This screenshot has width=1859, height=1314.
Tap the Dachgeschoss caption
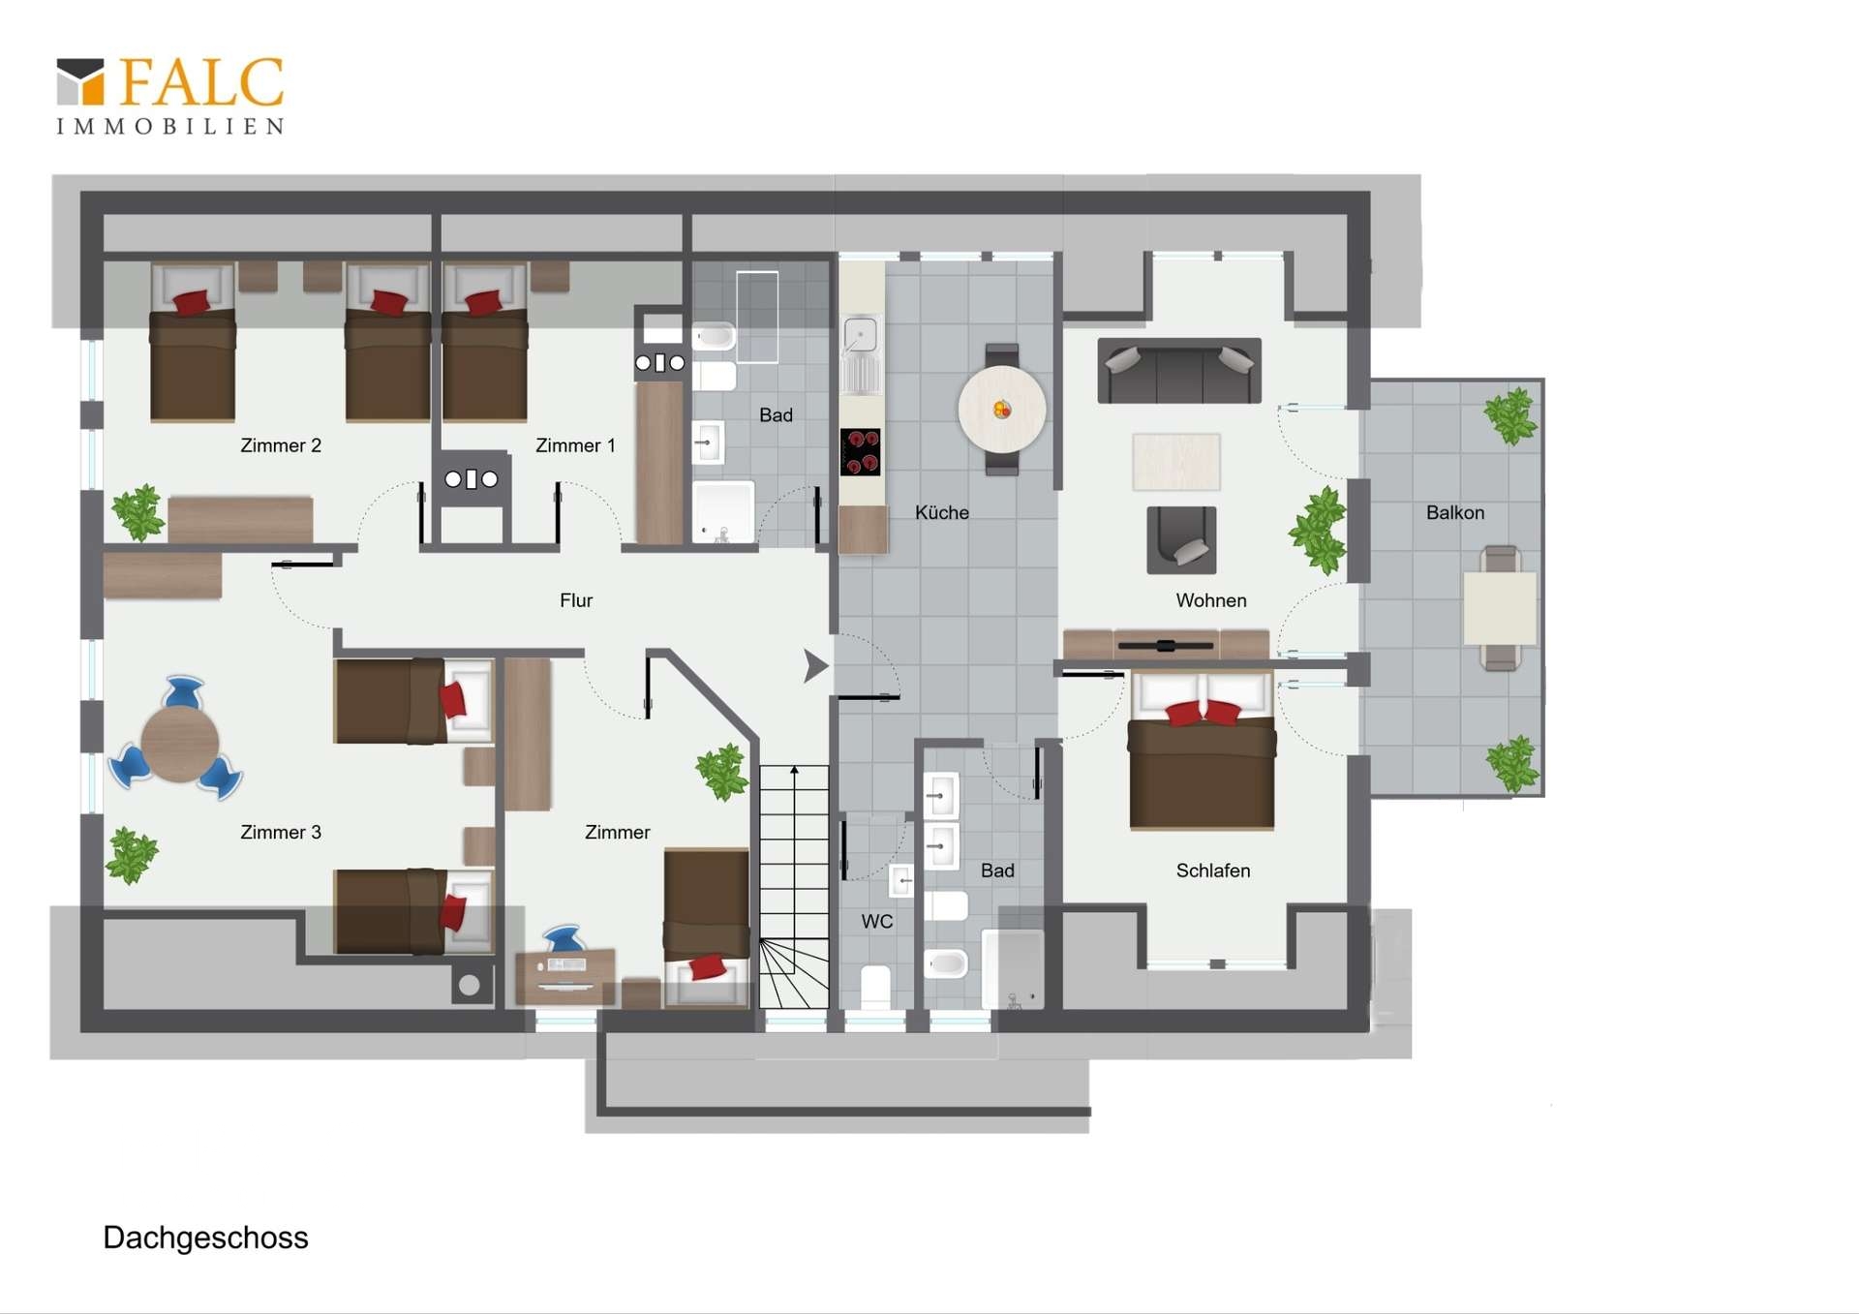[x=205, y=1238]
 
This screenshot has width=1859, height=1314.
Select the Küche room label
[x=941, y=512]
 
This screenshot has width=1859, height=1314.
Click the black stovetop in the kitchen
[x=860, y=452]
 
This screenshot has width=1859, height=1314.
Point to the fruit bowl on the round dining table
[x=1002, y=410]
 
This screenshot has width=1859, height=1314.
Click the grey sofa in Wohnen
[x=1179, y=370]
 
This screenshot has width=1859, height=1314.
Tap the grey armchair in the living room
[x=1181, y=540]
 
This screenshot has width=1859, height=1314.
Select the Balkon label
[x=1454, y=512]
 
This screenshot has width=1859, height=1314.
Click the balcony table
[x=1500, y=608]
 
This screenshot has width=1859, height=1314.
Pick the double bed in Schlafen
[x=1202, y=750]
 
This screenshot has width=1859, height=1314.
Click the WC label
[x=877, y=921]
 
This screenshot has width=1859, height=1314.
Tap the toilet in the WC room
[x=875, y=987]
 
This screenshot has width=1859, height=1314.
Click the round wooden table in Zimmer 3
[x=179, y=743]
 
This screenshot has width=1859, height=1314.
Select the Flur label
[x=576, y=600]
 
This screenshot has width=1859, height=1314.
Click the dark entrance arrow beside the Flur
[x=815, y=666]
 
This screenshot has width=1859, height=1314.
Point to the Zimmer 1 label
[x=575, y=445]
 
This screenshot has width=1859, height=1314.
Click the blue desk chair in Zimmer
[x=564, y=938]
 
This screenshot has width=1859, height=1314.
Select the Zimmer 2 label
[x=281, y=445]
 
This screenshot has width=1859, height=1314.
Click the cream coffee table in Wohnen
[x=1176, y=461]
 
